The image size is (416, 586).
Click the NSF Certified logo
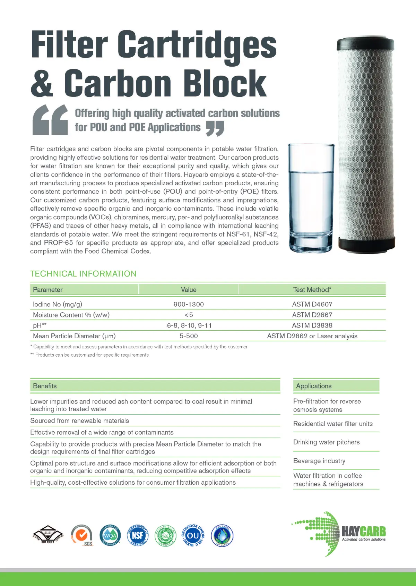coord(138,535)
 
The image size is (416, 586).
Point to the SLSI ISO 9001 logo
coord(48,535)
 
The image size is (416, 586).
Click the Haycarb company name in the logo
coord(363,532)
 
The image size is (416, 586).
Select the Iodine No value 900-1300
coord(189,304)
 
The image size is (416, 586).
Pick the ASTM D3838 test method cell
coord(312,325)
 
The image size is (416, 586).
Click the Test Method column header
coord(312,290)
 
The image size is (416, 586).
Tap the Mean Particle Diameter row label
coord(74,336)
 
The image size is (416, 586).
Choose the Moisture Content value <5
coord(189,315)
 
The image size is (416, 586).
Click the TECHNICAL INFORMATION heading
coord(83,274)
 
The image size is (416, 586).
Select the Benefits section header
coord(45,386)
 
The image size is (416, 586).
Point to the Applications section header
coord(314,386)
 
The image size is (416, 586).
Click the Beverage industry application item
coord(319,461)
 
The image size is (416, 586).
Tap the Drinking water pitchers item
coord(326,442)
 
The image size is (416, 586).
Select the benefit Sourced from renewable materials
coord(79,421)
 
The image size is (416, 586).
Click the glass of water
coord(311,198)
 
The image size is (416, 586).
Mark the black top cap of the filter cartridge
coord(365,43)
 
